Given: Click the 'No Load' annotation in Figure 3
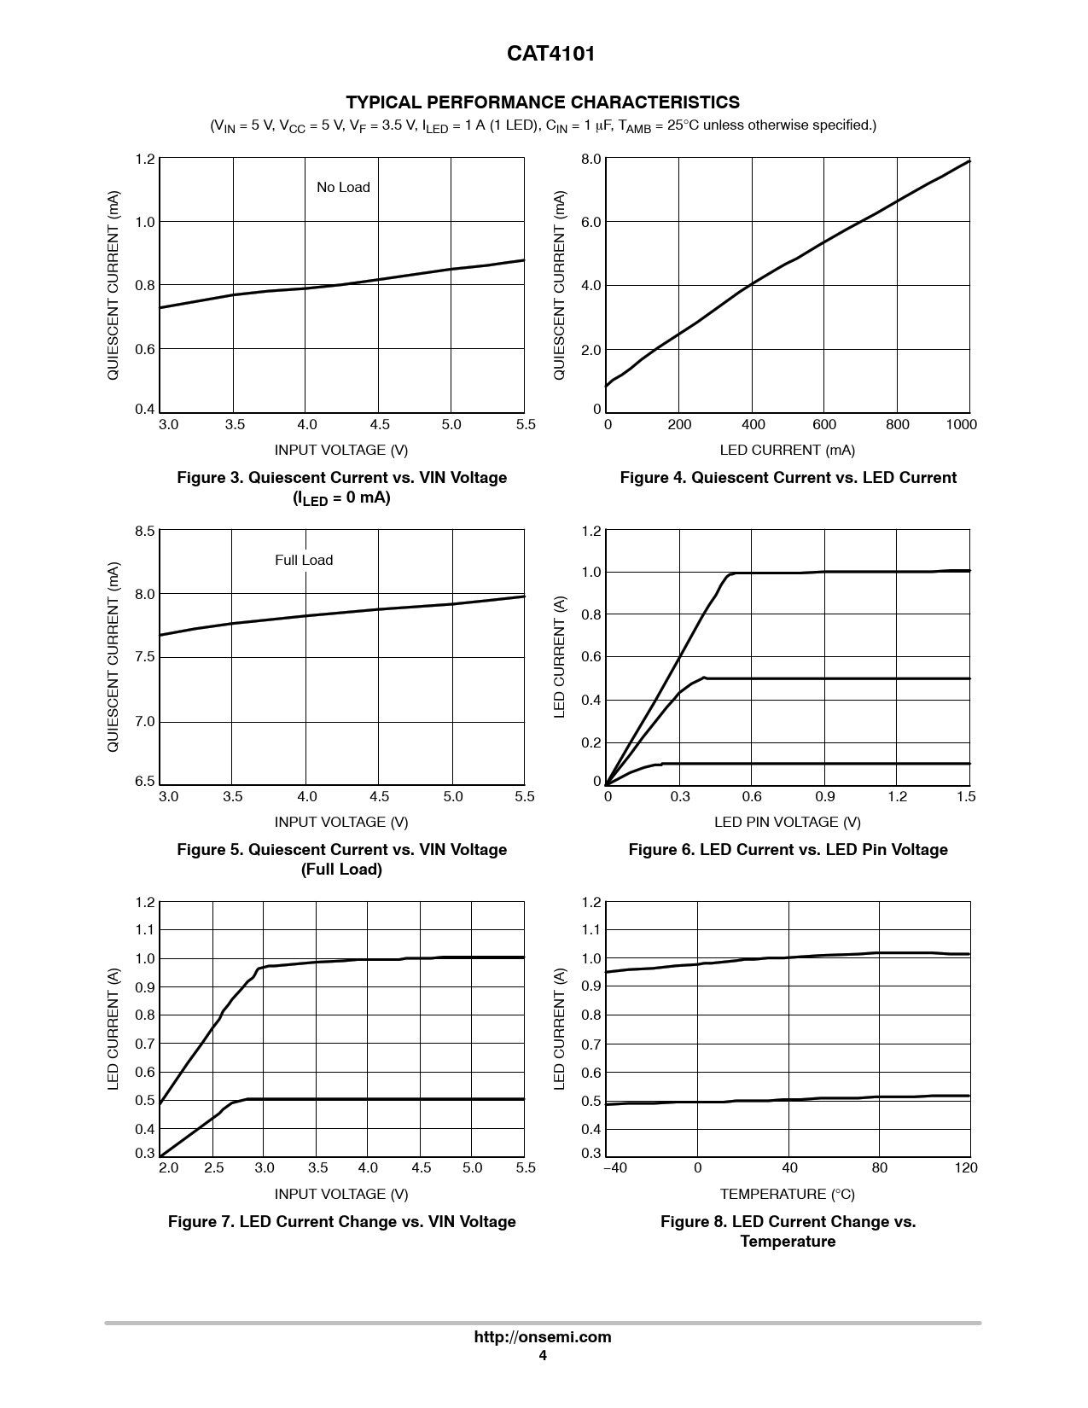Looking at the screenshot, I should (343, 188).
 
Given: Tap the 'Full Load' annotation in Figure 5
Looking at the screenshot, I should (304, 561).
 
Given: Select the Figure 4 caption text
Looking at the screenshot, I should (788, 478).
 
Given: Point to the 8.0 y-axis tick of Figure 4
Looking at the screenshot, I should (591, 160).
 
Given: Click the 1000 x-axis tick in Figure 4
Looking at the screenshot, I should (961, 425).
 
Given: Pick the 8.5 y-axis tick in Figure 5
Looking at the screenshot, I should (145, 532).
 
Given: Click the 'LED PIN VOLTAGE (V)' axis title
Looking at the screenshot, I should (787, 823).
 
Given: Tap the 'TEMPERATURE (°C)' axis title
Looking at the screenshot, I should (787, 1195).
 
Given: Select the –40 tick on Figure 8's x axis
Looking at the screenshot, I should (614, 1168).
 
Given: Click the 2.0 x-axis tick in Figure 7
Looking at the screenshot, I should (168, 1168).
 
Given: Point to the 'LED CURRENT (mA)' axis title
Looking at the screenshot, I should (787, 451).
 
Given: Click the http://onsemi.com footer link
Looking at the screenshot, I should (543, 1337).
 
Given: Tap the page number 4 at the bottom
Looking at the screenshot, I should (543, 1356).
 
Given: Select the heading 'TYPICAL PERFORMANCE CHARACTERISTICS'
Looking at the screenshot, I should (543, 102).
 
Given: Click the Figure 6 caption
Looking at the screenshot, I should (788, 850).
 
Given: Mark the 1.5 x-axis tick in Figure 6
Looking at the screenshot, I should (965, 797).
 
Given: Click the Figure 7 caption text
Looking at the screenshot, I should (341, 1222).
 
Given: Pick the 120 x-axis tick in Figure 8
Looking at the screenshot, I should (966, 1168).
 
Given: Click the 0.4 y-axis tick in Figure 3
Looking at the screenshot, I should (145, 410).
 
